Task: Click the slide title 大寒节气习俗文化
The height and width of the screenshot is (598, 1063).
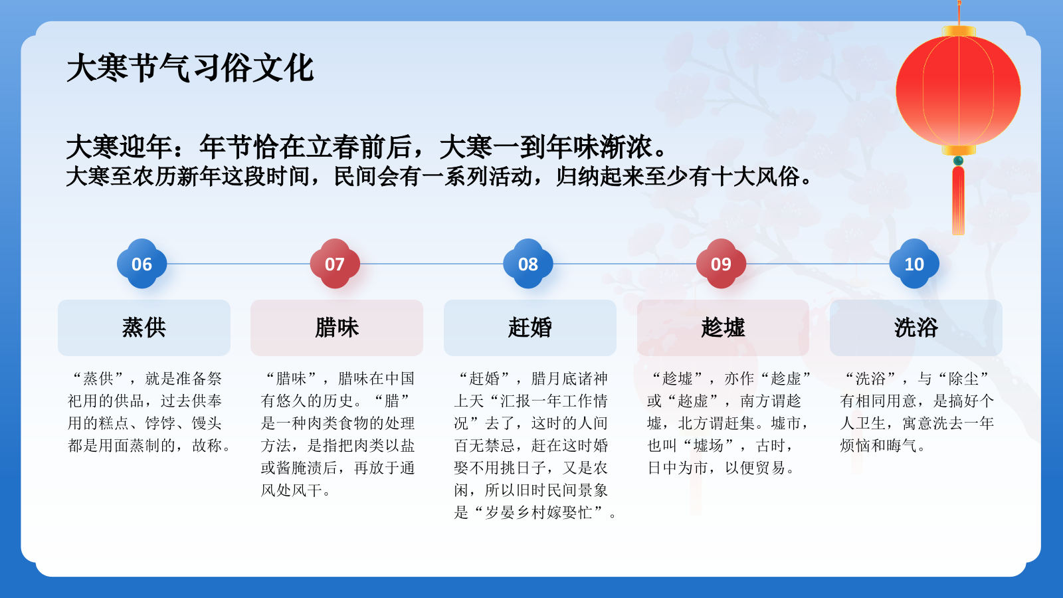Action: click(190, 68)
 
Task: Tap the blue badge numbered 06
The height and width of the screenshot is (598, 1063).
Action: click(142, 264)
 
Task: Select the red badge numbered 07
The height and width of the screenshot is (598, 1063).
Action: click(335, 264)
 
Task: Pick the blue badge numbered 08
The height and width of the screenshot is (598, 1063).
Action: click(528, 264)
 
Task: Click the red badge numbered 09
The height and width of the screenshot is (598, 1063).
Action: click(721, 264)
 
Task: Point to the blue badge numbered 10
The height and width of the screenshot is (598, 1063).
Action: click(914, 264)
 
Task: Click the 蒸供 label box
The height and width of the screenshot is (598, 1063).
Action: click(144, 328)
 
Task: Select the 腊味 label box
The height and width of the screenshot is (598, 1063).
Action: click(337, 328)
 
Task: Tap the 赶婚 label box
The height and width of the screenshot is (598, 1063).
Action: click(530, 328)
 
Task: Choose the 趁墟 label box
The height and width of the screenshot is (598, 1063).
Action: click(723, 328)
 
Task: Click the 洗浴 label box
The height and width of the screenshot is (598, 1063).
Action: click(916, 328)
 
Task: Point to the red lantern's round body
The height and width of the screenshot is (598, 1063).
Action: click(958, 91)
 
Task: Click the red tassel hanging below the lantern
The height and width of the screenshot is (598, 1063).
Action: click(958, 199)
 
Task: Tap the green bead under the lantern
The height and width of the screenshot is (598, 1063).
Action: click(958, 161)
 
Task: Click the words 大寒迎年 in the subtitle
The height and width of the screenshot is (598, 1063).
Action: click(120, 147)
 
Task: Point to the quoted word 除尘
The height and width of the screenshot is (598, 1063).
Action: click(963, 379)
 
